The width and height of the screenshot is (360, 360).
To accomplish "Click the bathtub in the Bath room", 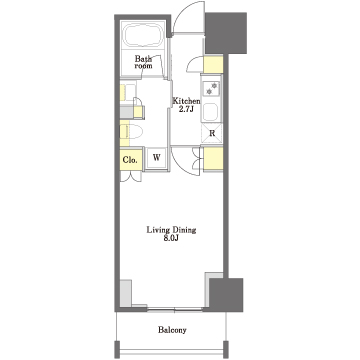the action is click(143, 35).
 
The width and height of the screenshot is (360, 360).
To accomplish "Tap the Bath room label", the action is click(143, 62).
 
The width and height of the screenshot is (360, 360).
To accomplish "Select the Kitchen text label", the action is click(186, 101).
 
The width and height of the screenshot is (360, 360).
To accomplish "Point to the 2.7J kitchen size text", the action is click(186, 109).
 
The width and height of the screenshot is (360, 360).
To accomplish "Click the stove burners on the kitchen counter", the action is click(211, 88).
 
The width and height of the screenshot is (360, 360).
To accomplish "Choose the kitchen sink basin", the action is click(210, 112).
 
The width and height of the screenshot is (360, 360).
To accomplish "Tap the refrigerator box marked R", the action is click(212, 134).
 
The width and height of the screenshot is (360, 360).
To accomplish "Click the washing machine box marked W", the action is click(156, 158).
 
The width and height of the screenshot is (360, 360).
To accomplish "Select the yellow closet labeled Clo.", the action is click(131, 159).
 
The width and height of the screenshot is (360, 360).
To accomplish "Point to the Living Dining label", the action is click(171, 230).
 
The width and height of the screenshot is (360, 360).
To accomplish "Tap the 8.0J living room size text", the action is click(171, 238).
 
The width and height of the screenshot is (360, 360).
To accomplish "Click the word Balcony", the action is click(172, 330).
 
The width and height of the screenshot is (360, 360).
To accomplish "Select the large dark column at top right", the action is click(226, 33).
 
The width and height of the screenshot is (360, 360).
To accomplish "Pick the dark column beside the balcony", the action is click(226, 295).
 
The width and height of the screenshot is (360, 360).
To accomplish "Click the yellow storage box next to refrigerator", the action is click(213, 159).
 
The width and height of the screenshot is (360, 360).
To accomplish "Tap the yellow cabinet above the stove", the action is click(213, 65).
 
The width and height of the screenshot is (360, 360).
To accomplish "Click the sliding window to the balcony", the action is click(175, 310).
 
